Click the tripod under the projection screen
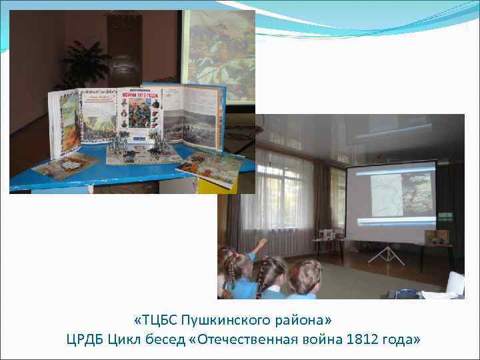pyautogui.click(x=384, y=255)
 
